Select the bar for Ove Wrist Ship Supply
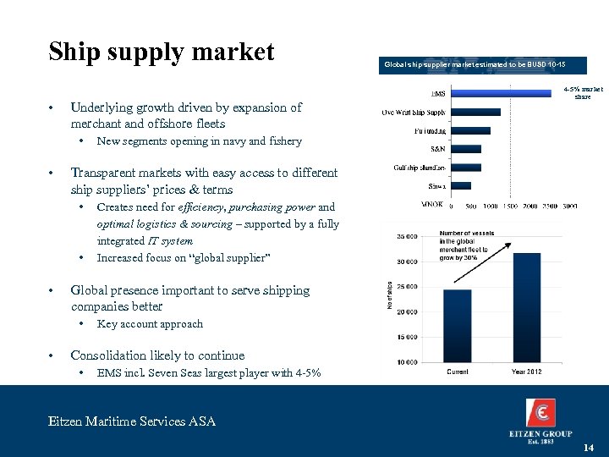[475, 112]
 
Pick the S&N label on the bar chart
[437, 148]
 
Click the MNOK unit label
[431, 205]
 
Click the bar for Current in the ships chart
[458, 325]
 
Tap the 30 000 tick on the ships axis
[406, 262]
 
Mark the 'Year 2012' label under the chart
[527, 372]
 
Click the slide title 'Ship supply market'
[162, 52]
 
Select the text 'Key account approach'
[150, 324]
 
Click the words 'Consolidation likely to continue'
[157, 355]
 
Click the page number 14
[588, 447]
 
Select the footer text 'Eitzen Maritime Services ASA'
[131, 421]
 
